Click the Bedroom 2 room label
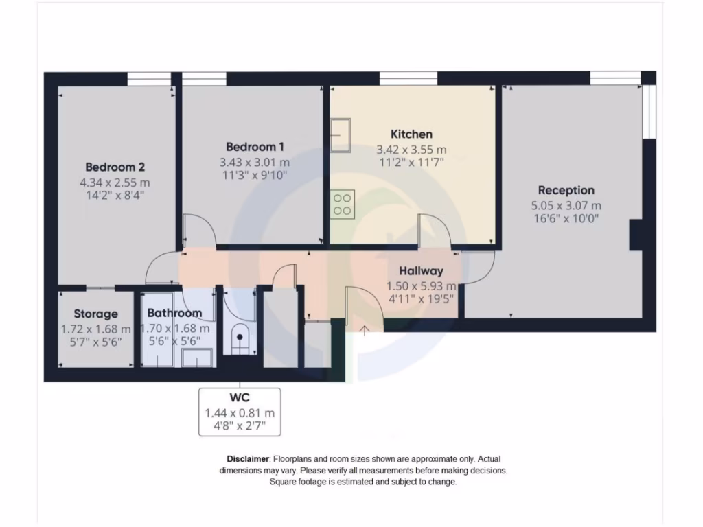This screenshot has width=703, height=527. point(115,167)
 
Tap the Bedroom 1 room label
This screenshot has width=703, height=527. point(255,147)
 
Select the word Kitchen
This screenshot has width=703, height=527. point(411,134)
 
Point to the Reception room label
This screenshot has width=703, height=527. point(566,190)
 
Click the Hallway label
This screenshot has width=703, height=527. point(421,271)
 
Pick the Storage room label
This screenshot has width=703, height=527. point(95,314)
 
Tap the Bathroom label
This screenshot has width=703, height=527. point(174,314)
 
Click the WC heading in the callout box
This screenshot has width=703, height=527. point(239,398)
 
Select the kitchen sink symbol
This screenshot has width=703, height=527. point(340,135)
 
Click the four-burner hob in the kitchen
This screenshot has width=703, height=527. point(343,204)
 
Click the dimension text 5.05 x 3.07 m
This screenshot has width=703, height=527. point(566,205)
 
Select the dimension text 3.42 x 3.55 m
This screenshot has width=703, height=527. point(411,149)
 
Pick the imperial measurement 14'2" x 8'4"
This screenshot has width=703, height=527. point(115,196)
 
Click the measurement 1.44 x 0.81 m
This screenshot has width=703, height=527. point(239,413)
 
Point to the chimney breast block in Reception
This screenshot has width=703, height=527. point(636,235)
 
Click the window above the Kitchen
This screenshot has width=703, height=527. point(408,78)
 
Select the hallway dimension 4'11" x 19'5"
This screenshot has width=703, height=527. point(421,298)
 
